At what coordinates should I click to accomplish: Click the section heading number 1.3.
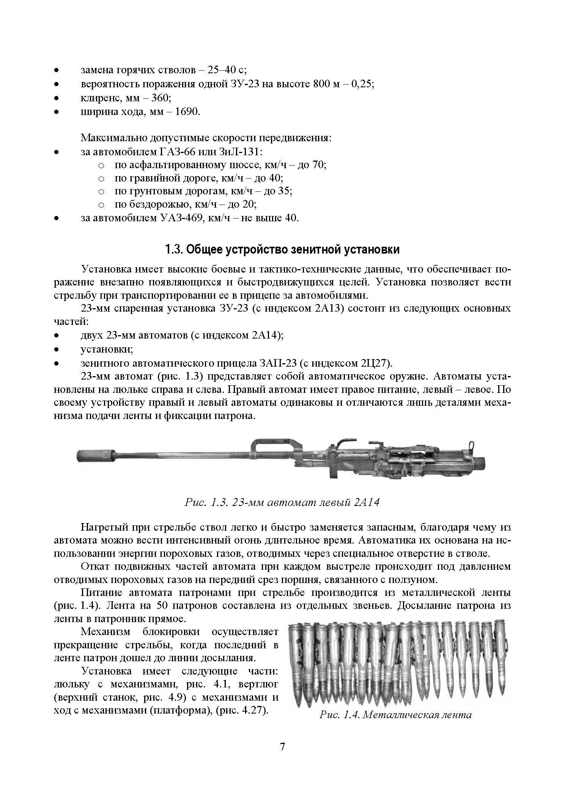pos(174,250)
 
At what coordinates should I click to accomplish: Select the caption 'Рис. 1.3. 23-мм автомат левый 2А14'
pos(282,503)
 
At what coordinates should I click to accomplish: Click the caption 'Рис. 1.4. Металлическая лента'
pos(395,715)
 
